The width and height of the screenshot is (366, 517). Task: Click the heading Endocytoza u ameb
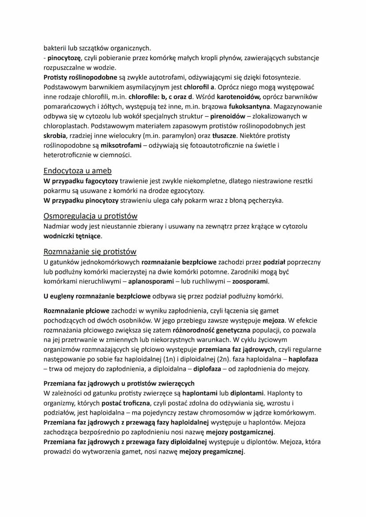(x=77, y=171)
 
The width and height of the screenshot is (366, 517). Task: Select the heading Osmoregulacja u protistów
(x=90, y=216)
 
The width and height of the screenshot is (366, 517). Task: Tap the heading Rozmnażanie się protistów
(x=90, y=252)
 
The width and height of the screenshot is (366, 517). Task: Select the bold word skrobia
(x=54, y=136)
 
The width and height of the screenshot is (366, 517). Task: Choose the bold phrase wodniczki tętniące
(x=72, y=236)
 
